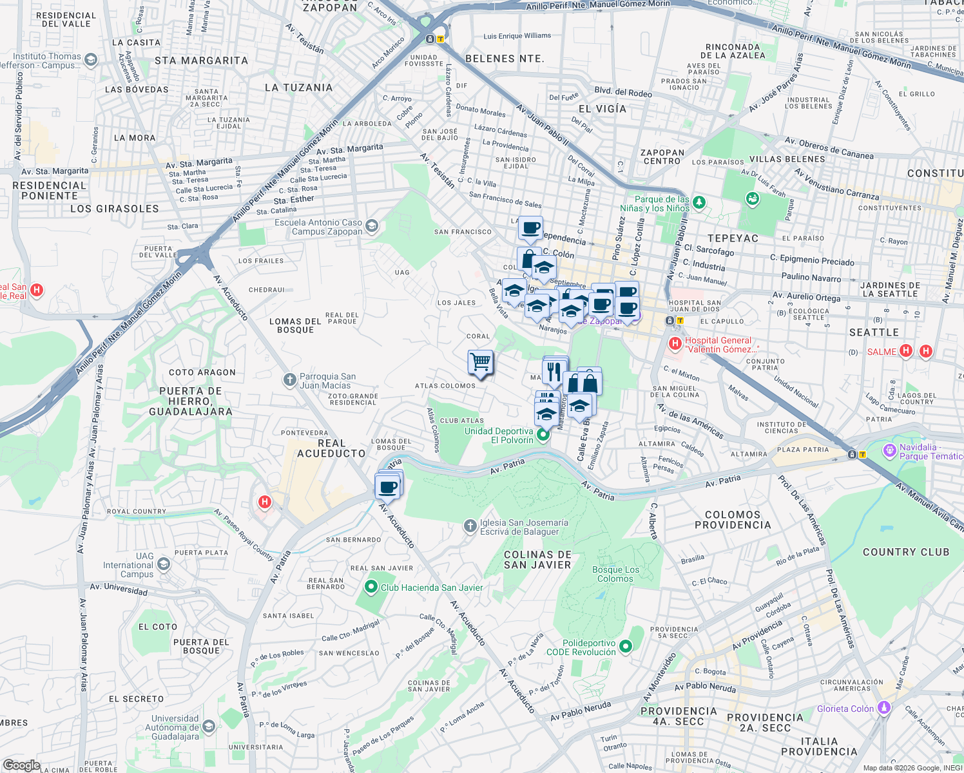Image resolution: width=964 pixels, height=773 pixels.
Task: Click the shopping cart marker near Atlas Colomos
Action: [x=481, y=362]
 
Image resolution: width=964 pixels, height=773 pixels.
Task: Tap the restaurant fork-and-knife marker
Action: [x=554, y=372]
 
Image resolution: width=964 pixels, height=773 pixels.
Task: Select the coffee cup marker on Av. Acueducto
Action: [x=387, y=487]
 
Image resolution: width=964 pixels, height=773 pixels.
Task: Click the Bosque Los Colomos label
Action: [x=615, y=574]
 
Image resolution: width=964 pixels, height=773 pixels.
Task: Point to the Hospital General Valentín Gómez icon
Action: [x=675, y=343]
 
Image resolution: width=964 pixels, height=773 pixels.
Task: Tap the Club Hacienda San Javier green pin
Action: [x=371, y=587]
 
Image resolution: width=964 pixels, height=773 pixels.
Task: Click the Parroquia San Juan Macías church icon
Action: [x=290, y=380]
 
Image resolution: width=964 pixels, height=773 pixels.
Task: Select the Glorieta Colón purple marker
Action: [x=883, y=708]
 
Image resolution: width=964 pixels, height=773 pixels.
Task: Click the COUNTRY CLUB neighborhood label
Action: [x=905, y=552]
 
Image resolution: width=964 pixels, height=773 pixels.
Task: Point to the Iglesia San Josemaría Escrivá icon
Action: [x=470, y=526]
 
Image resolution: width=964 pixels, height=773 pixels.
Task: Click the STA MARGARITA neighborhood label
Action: [x=201, y=61]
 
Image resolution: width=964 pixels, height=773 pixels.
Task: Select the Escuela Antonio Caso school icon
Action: [x=372, y=225]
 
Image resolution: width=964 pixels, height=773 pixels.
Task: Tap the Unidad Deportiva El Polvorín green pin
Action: [x=543, y=435]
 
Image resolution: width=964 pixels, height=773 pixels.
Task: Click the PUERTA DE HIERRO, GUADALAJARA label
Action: [x=190, y=401]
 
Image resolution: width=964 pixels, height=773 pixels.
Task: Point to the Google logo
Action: [x=21, y=765]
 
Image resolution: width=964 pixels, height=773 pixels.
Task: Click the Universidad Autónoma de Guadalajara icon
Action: [x=208, y=727]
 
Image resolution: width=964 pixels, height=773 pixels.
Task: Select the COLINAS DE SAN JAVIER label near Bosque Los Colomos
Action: [x=537, y=559]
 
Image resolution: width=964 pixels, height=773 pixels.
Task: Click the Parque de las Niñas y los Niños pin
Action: [x=699, y=202]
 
